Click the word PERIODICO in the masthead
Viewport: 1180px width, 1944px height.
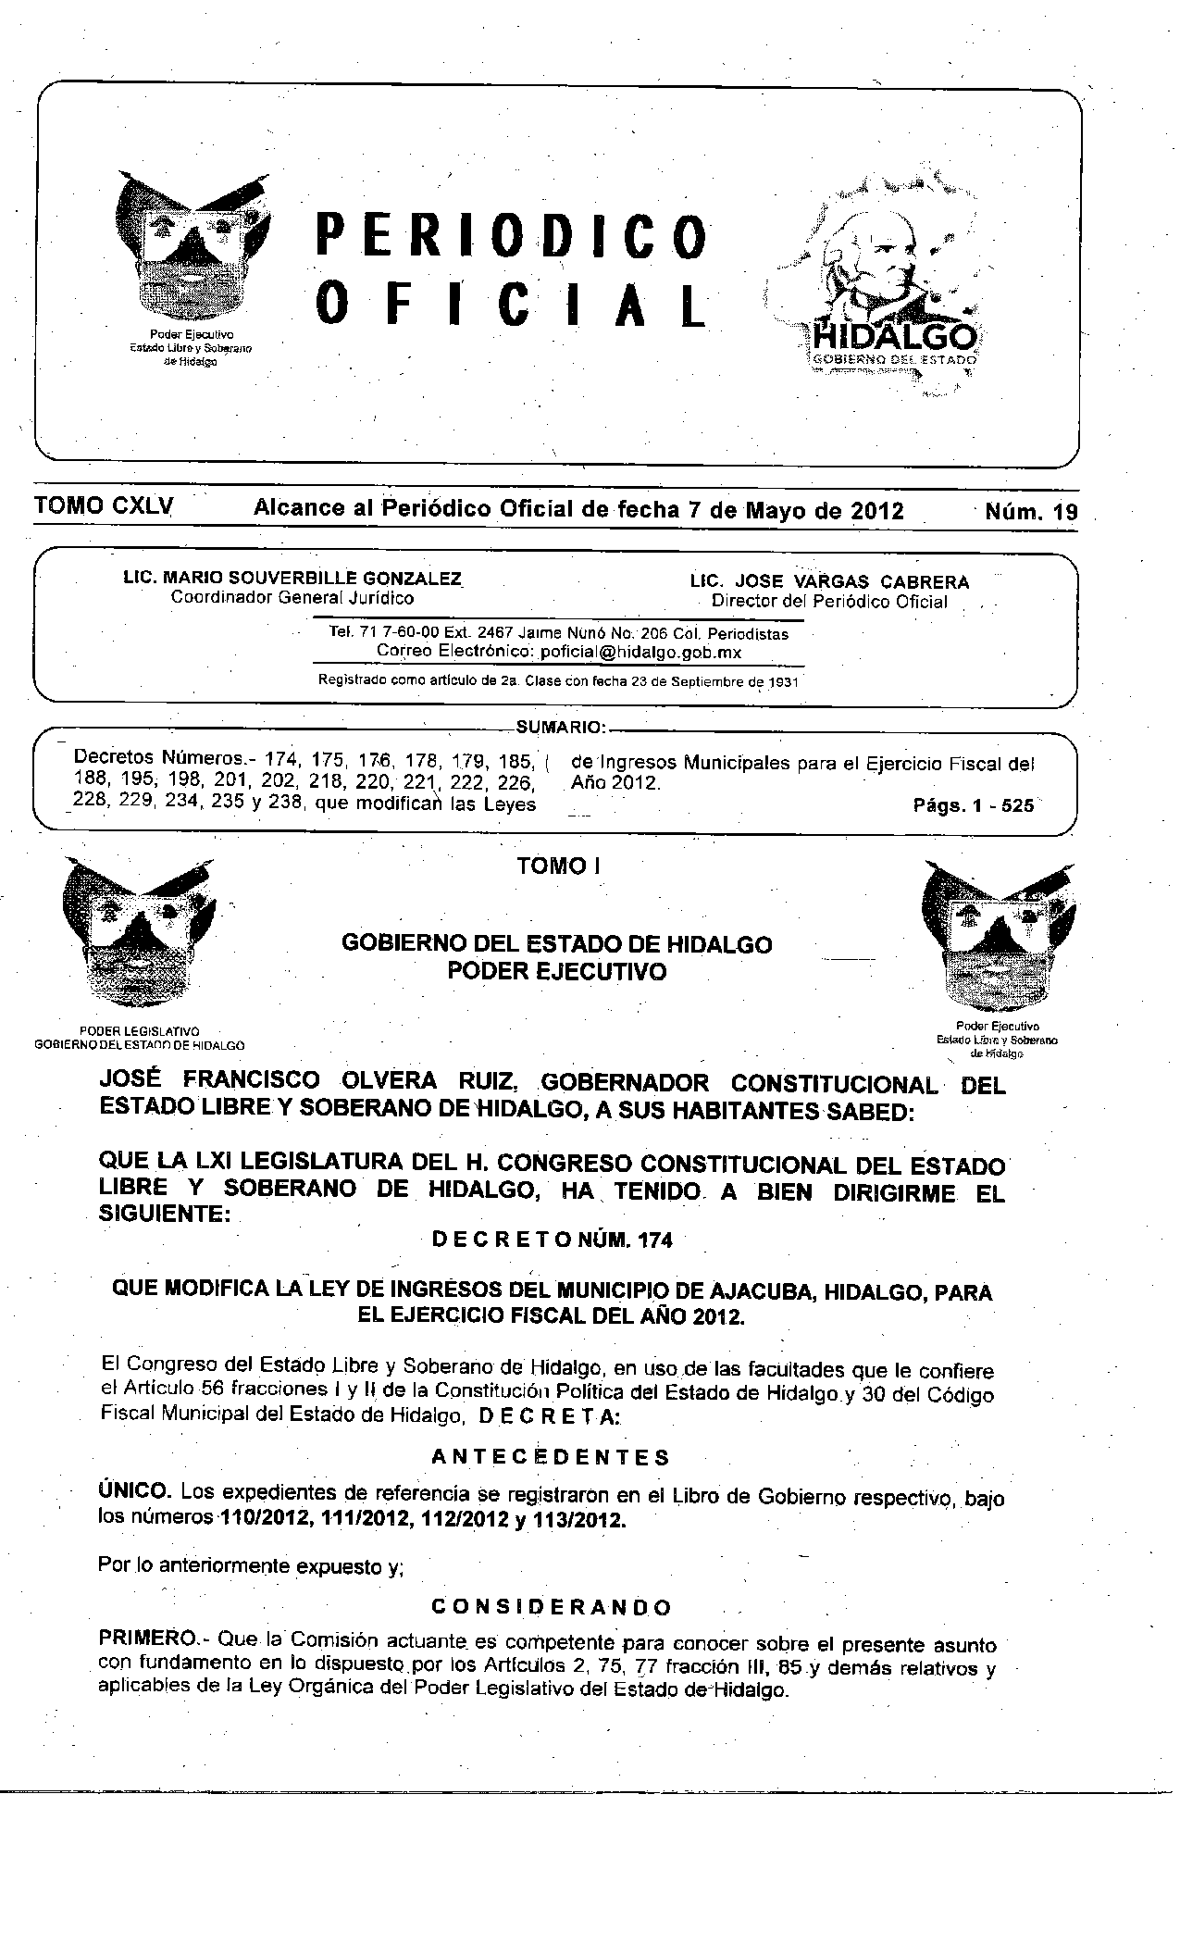click(x=512, y=235)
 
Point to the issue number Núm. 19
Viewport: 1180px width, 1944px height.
click(x=1032, y=512)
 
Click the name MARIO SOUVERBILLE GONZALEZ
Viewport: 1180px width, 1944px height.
click(x=312, y=579)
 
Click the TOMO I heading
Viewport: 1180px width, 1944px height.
click(x=559, y=866)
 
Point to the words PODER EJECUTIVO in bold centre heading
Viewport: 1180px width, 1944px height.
click(x=557, y=972)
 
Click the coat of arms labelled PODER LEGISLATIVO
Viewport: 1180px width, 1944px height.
click(x=140, y=934)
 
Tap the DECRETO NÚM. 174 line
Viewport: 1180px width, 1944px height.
click(x=553, y=1240)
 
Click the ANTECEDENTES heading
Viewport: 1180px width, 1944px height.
click(x=552, y=1458)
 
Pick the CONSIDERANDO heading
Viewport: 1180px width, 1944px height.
click(x=552, y=1606)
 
